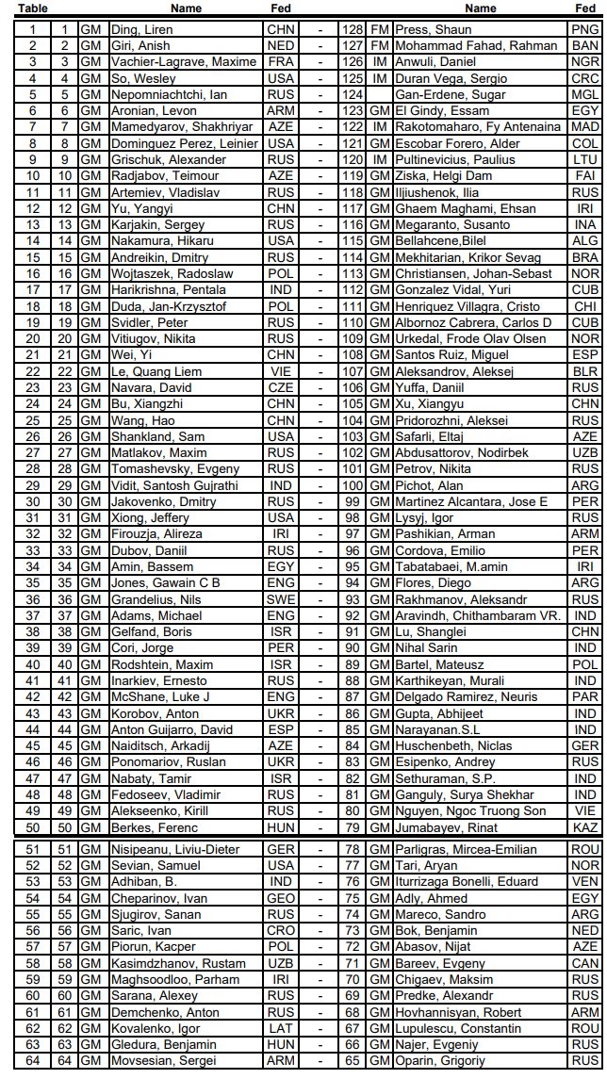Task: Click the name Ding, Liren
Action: [141, 29]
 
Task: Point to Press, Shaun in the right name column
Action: [433, 29]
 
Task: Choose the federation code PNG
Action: [584, 29]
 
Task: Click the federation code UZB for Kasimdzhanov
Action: [281, 963]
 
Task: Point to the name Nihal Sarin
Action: [429, 648]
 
